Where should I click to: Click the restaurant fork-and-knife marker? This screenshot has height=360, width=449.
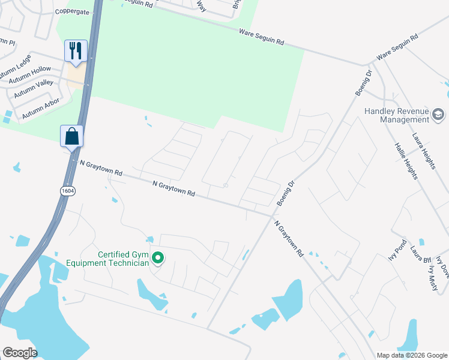76,51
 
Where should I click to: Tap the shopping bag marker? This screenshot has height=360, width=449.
71,136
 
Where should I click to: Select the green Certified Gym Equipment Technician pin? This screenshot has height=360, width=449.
158,258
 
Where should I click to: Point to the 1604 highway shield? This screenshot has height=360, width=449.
68,190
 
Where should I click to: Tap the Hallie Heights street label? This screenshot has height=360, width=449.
406,161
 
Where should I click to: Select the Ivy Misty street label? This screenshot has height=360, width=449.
433,278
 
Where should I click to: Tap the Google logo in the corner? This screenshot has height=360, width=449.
19,353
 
